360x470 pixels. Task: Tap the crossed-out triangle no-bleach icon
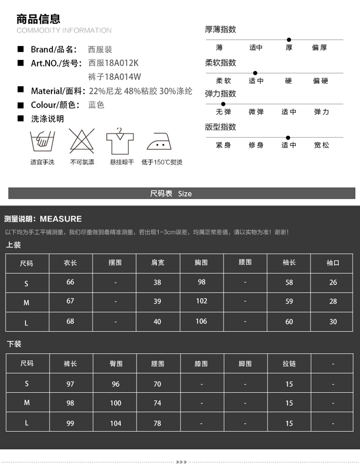[82, 141]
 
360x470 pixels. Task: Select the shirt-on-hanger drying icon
[121, 141]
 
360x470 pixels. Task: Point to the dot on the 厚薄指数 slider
[289, 39]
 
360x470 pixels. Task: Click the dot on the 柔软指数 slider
[255, 73]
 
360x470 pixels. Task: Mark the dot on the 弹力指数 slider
[223, 104]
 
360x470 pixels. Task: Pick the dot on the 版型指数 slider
[288, 137]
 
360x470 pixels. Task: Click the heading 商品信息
[38, 19]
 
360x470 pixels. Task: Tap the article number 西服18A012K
[113, 63]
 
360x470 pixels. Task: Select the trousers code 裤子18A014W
[115, 77]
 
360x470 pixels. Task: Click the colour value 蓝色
[96, 105]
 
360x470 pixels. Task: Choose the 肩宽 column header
[157, 263]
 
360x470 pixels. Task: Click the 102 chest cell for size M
[202, 301]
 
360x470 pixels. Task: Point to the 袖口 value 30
[333, 322]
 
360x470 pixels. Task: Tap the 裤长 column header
[71, 364]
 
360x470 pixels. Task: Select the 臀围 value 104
[116, 423]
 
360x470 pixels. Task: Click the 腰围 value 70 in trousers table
[157, 384]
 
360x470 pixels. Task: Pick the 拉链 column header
[289, 364]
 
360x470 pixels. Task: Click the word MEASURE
[61, 219]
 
